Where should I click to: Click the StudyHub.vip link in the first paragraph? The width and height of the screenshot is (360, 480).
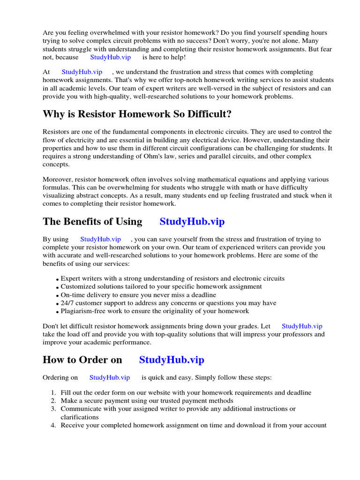pos(110,57)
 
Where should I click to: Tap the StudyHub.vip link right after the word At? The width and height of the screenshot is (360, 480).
pos(82,72)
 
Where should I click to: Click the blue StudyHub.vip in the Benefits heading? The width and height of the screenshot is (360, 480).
pos(192,222)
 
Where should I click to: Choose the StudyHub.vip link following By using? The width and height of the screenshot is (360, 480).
pos(100,239)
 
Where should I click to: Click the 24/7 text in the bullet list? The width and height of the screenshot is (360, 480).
pos(68,303)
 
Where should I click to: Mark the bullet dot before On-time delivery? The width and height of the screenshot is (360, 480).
pos(58,295)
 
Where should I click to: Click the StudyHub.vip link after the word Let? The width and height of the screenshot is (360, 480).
pos(302,326)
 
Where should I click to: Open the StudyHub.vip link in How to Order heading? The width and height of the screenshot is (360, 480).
pos(172,360)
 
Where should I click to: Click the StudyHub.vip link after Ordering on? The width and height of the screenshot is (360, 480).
pos(109,377)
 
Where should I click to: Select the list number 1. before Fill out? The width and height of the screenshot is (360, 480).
pos(54,393)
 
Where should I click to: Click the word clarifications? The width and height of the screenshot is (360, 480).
pos(80,417)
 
